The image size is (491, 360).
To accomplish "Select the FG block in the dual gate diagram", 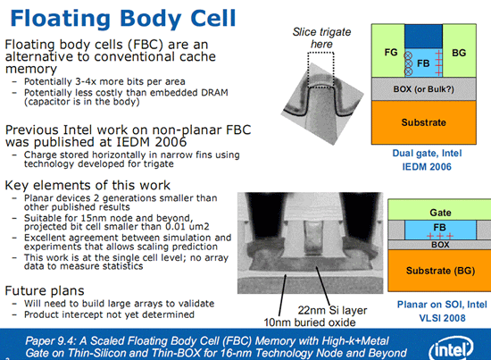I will (x=390, y=53).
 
